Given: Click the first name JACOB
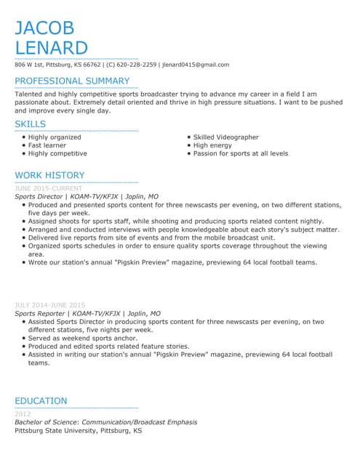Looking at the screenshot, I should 44,28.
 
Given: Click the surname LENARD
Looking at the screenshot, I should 51,48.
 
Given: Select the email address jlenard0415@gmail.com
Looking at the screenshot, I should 196,65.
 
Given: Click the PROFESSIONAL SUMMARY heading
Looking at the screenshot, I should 72,81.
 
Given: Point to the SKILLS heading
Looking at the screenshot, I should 30,124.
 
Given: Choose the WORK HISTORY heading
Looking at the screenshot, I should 49,175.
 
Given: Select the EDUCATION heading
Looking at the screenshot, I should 41,400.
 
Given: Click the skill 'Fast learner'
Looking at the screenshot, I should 47,145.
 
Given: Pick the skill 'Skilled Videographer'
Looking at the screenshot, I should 225,137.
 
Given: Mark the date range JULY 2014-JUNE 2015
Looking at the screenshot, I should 49,305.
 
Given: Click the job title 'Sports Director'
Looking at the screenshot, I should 39,196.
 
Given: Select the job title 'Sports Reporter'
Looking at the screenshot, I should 39,313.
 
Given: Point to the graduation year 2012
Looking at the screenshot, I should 23,414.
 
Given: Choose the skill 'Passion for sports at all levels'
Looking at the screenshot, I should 241,153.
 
